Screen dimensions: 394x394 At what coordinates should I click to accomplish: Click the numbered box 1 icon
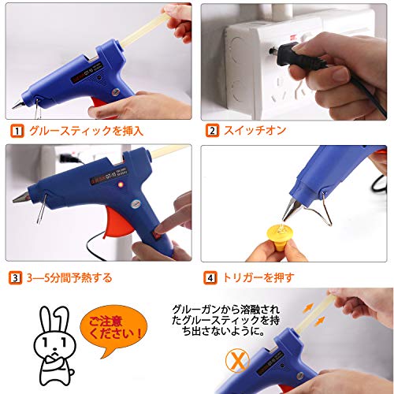point(17,131)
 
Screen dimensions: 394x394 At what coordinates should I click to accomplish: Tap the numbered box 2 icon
point(213,130)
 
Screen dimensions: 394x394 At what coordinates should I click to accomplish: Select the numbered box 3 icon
point(15,278)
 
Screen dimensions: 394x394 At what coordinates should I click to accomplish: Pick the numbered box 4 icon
point(210,278)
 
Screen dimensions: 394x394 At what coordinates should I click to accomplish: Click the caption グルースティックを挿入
point(87,131)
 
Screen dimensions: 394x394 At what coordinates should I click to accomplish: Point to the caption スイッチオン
point(255,130)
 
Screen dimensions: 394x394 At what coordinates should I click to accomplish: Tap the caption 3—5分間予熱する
point(69,278)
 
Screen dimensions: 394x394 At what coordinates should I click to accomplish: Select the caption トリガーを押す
point(258,278)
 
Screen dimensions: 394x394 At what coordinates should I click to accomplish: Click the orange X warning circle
point(237,360)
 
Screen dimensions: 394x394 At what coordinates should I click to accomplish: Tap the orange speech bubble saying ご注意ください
point(113,329)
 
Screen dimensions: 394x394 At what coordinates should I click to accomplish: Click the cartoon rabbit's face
point(54,344)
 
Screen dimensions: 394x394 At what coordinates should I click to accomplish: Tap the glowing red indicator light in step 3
point(121,185)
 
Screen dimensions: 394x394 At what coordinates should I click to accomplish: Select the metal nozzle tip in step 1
point(18,105)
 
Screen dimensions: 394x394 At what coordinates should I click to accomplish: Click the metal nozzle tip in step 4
point(290,210)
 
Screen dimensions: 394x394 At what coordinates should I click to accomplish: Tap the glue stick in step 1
point(147,29)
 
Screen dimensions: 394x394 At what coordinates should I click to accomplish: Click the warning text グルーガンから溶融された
point(226,310)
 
